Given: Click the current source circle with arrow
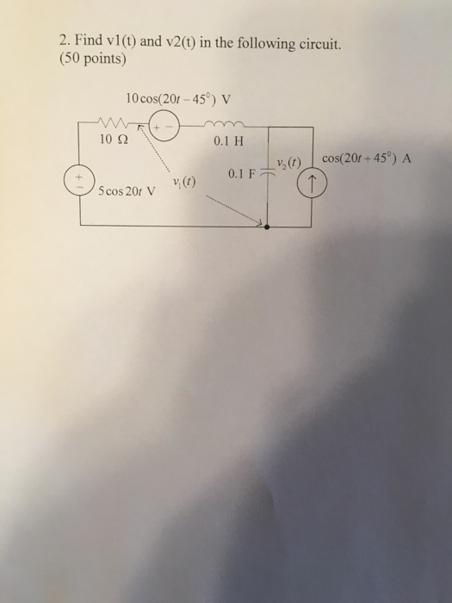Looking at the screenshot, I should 313,183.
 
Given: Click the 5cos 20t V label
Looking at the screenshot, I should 127,191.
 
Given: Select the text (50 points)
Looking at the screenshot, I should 95,60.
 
